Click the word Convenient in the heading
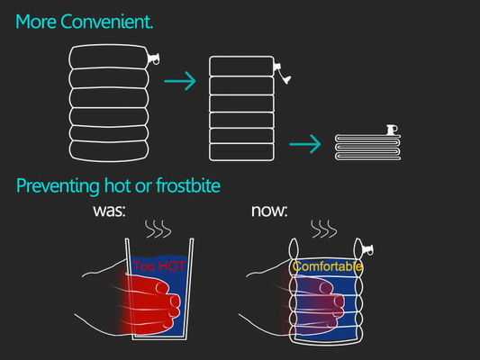tap(106, 22)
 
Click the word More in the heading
tap(36, 22)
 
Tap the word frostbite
tap(188, 185)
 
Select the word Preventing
tap(58, 186)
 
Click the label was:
tap(109, 211)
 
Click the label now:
tap(269, 211)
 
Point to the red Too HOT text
tap(159, 266)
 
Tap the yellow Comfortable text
tap(327, 266)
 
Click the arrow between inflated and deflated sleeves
tap(180, 81)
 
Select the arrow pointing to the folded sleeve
tap(305, 144)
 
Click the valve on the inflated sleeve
tap(153, 58)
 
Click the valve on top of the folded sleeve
tap(392, 130)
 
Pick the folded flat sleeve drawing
tap(367, 147)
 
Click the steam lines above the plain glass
tap(158, 229)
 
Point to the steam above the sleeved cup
tap(324, 229)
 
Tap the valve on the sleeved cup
tap(367, 249)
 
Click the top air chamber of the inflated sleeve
tap(108, 57)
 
